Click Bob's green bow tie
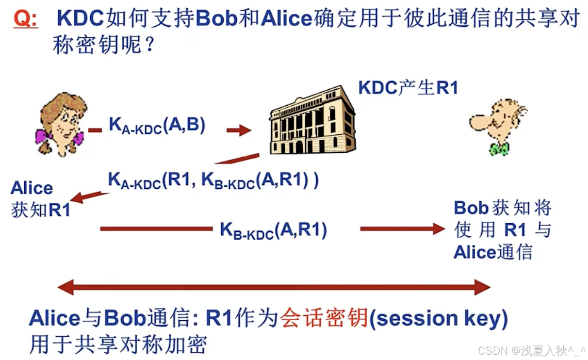point(498,148)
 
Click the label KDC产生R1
point(408,88)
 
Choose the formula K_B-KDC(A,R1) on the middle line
point(274,229)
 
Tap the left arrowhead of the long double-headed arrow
point(66,287)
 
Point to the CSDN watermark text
point(532,350)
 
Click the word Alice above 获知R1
point(32,188)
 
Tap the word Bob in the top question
point(216,19)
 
